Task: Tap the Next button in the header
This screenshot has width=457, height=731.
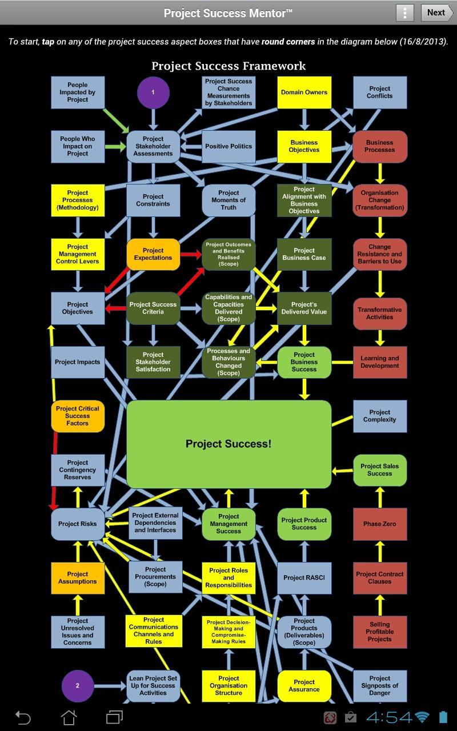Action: point(436,13)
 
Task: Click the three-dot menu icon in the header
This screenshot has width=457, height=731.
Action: point(404,13)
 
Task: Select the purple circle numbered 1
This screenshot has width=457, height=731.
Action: point(153,92)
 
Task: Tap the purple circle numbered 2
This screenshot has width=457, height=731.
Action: point(77,685)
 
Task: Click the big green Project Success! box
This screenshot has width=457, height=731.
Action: point(228,444)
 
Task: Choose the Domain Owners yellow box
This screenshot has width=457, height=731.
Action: point(304,92)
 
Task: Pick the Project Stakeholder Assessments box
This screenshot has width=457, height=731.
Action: point(153,146)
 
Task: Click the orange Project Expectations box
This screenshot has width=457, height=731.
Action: point(153,254)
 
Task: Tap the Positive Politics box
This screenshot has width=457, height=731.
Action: point(228,146)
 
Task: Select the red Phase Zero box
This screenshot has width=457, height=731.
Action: point(379,524)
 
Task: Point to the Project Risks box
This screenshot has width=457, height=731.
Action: point(78,524)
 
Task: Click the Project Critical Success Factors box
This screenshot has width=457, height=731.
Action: point(78,416)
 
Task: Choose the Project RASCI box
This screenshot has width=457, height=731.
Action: point(304,577)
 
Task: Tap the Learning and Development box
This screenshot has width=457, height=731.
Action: point(379,362)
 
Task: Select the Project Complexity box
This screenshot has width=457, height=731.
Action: point(379,416)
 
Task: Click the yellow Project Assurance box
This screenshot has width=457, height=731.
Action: point(304,685)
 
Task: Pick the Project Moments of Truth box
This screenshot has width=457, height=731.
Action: point(228,200)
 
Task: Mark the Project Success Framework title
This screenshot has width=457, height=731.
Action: point(228,66)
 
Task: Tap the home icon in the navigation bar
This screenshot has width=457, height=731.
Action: point(69,717)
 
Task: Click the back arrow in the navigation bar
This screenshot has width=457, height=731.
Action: point(22,717)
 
